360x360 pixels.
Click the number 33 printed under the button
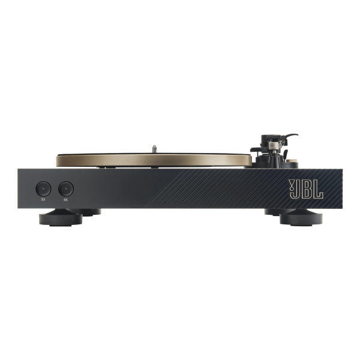click(x=43, y=200)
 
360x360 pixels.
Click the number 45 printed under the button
click(x=65, y=200)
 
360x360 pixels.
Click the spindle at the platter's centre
click(x=155, y=149)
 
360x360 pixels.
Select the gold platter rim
click(x=154, y=160)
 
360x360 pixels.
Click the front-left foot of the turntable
click(x=61, y=219)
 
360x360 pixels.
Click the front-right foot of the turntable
click(x=301, y=218)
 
